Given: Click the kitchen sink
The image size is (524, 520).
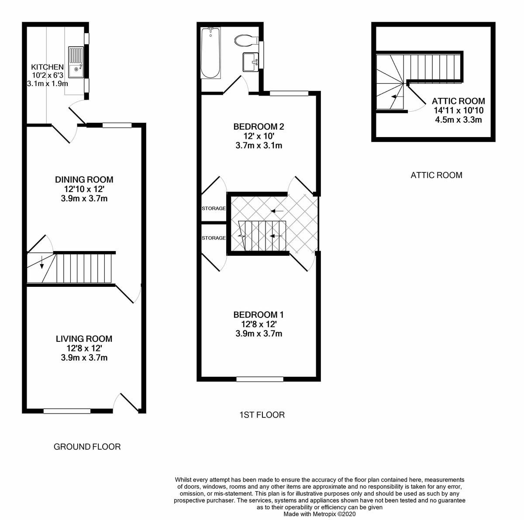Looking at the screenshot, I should [x=76, y=61].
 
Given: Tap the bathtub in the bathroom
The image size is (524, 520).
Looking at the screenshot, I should [x=210, y=53].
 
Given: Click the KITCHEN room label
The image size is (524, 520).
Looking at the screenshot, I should [x=47, y=67].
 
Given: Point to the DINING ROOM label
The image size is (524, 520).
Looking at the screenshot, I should [x=84, y=179].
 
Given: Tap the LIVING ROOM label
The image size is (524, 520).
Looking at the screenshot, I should [x=84, y=339].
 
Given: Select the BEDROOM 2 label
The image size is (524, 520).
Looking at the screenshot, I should [x=259, y=127].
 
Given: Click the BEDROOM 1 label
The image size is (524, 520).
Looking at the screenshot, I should [x=259, y=314].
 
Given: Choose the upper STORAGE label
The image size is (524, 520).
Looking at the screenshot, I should [x=214, y=209].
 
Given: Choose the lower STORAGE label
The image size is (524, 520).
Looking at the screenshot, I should [x=214, y=238].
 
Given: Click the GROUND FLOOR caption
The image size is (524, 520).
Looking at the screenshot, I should [x=87, y=447].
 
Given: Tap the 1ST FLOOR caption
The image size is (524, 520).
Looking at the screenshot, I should [x=262, y=415].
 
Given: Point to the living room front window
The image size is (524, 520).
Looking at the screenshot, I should [x=67, y=411].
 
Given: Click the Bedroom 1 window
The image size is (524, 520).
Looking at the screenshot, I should [x=259, y=379].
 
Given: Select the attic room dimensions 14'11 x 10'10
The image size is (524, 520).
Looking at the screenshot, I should [x=458, y=110].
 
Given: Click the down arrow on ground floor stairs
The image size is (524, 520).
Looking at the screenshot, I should [x=42, y=263].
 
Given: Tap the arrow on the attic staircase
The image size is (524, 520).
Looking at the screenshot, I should [x=396, y=97].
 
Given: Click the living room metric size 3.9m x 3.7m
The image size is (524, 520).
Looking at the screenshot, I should [x=84, y=358].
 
